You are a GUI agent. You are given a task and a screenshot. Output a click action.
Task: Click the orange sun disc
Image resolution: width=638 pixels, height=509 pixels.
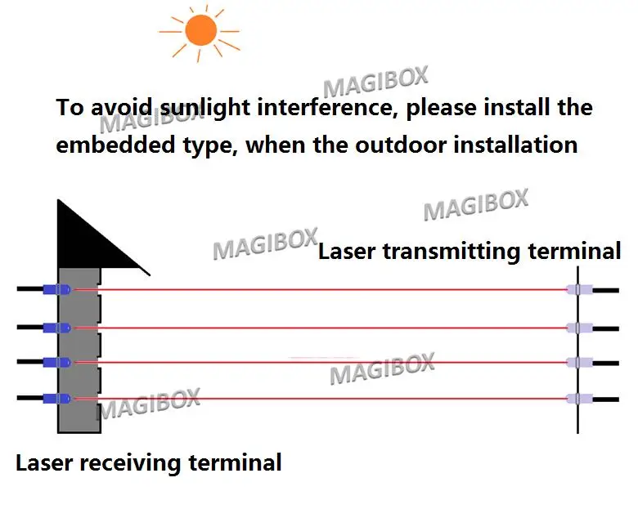pyautogui.click(x=201, y=30)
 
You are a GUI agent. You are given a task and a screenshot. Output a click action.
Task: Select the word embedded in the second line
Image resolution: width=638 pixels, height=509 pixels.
pyautogui.click(x=115, y=145)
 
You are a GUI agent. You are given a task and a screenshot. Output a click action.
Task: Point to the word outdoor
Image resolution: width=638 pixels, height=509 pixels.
pyautogui.click(x=400, y=145)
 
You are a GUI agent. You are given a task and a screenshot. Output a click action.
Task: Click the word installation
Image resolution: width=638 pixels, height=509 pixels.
pyautogui.click(x=515, y=145)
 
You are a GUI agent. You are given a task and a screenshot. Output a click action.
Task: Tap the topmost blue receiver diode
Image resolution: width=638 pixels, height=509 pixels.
pyautogui.click(x=57, y=289)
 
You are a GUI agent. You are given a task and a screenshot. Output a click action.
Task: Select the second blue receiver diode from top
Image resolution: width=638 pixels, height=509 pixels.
pyautogui.click(x=57, y=328)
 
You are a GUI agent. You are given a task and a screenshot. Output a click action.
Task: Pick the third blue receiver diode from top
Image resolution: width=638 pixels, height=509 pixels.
pyautogui.click(x=57, y=362)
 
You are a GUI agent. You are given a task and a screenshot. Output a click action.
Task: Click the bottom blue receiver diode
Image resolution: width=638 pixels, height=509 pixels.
pyautogui.click(x=57, y=399)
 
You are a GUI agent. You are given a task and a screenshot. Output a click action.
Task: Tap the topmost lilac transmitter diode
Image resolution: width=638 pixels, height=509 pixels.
pyautogui.click(x=579, y=290)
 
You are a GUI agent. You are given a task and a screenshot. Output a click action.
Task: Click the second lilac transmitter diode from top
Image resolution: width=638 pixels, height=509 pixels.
pyautogui.click(x=579, y=328)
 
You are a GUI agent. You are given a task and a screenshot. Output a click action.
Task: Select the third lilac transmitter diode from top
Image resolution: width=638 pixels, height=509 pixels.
pyautogui.click(x=579, y=362)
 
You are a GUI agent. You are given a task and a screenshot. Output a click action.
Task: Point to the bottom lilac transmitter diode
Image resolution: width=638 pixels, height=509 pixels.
pyautogui.click(x=579, y=399)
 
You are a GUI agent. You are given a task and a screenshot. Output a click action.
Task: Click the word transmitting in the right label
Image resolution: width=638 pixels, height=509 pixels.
pyautogui.click(x=452, y=252)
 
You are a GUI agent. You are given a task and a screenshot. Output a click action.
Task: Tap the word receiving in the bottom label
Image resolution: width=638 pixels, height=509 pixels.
pyautogui.click(x=130, y=463)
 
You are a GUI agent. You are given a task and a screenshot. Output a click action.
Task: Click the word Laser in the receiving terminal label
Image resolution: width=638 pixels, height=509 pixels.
pyautogui.click(x=44, y=463)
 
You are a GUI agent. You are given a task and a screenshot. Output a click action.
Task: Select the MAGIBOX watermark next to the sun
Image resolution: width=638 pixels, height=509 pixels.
pyautogui.click(x=375, y=82)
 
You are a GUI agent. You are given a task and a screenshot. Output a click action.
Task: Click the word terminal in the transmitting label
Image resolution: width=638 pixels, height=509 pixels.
pyautogui.click(x=574, y=251)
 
